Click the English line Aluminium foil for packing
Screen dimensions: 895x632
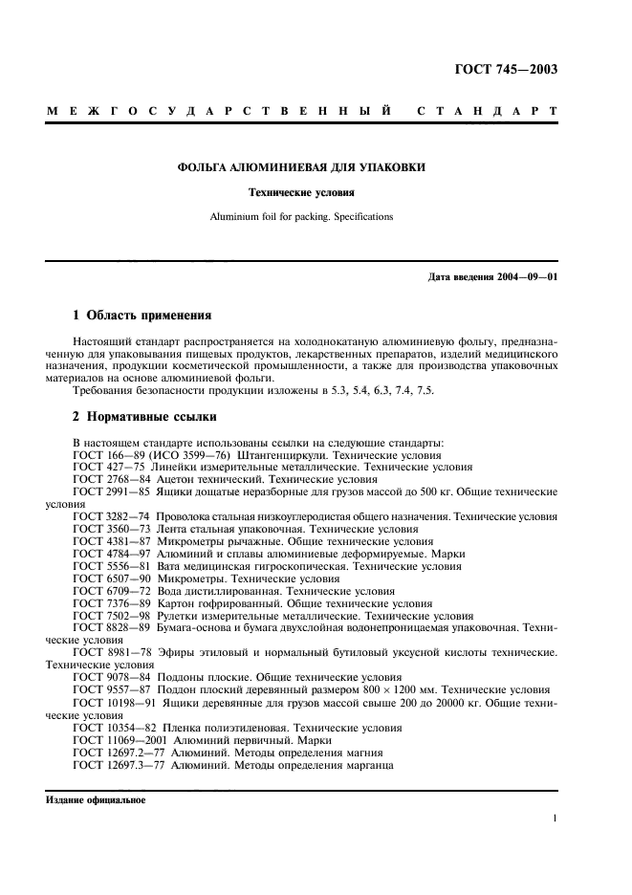click(301, 217)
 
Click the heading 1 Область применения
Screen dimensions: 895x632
click(142, 315)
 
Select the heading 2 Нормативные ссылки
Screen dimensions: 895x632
click(145, 417)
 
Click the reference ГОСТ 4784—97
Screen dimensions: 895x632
click(109, 554)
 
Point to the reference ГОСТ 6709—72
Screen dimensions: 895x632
click(109, 591)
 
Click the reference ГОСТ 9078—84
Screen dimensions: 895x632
click(109, 677)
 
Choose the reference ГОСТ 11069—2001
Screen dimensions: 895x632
click(116, 739)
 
